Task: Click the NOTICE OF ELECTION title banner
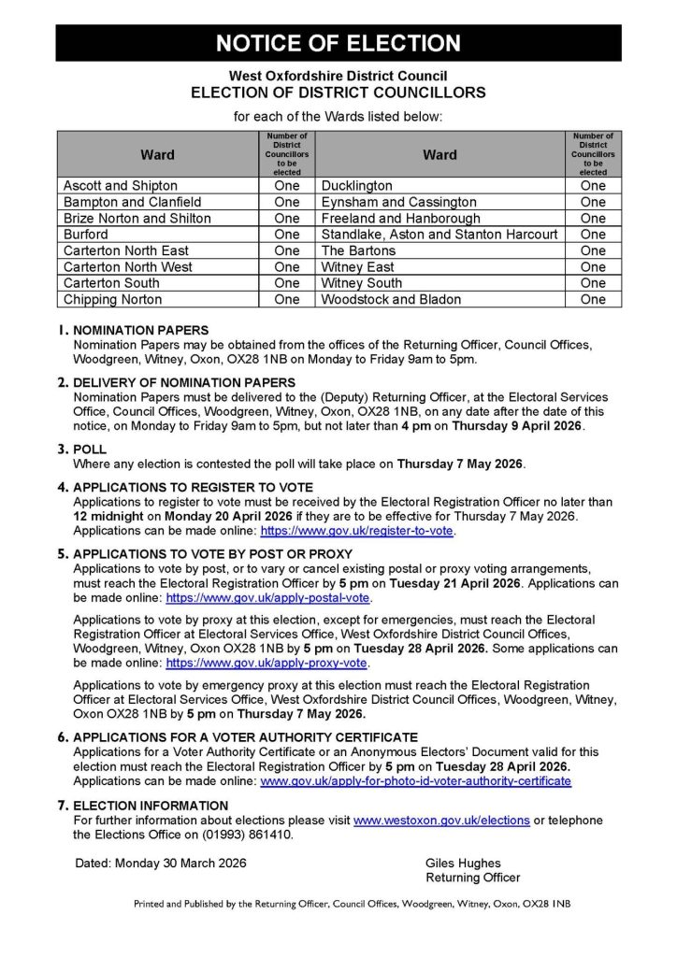point(338,43)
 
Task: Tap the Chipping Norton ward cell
point(112,300)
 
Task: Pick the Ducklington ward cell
point(356,186)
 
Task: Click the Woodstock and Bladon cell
point(391,300)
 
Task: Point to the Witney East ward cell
point(358,267)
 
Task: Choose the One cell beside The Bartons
point(593,250)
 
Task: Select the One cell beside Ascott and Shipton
point(287,186)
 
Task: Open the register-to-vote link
point(356,530)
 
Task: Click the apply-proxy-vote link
point(266,664)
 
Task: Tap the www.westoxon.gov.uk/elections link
point(441,821)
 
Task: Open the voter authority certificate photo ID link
point(415,780)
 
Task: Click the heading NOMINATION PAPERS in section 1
point(141,331)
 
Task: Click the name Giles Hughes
point(463,864)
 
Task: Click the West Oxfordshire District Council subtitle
point(338,76)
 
